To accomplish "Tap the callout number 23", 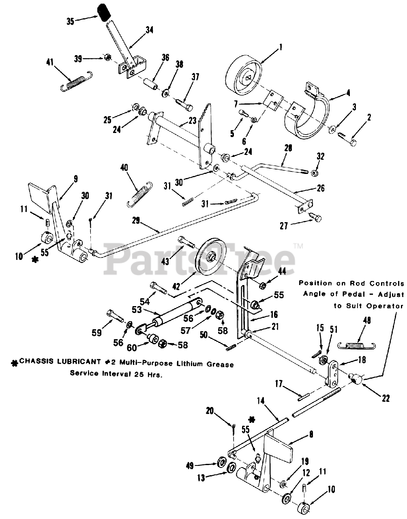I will pyautogui.click(x=192, y=120).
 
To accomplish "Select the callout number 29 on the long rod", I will pyautogui.click(x=136, y=220).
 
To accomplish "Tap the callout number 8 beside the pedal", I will pyautogui.click(x=311, y=434).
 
